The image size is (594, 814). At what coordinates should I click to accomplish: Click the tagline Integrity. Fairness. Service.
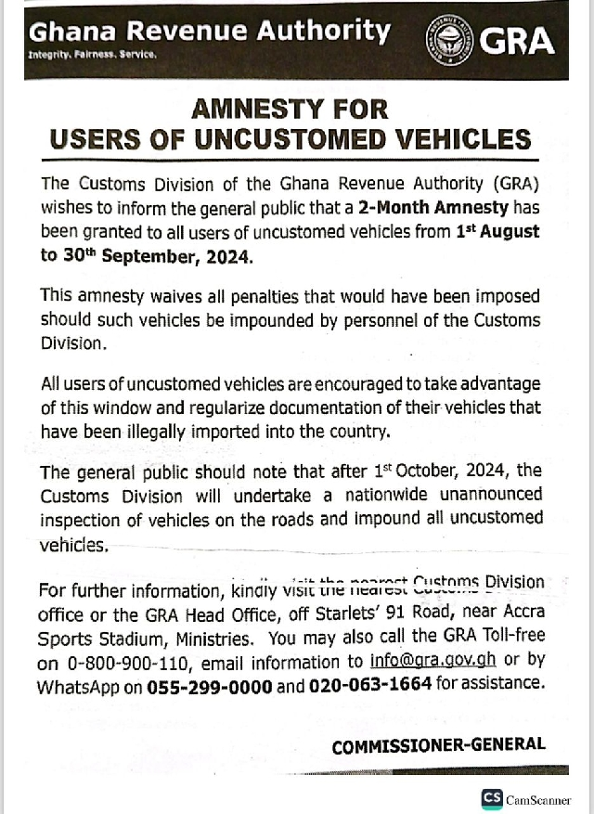tap(93, 55)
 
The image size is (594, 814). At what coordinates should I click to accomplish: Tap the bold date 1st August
tap(497, 231)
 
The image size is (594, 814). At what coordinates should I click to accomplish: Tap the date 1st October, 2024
tap(445, 472)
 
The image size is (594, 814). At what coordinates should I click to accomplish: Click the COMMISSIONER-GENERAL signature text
tap(438, 744)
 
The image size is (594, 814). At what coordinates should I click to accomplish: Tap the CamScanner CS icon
tap(492, 798)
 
